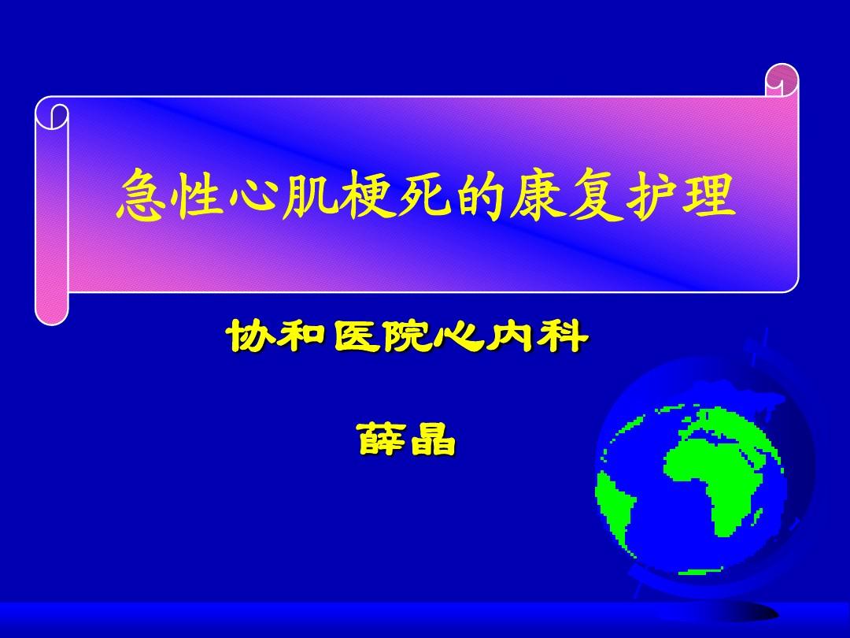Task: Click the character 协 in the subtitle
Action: pyautogui.click(x=251, y=336)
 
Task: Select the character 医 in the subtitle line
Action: pyautogui.click(x=356, y=336)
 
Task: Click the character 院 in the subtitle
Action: pyautogui.click(x=408, y=336)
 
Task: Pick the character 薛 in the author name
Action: pyautogui.click(x=382, y=439)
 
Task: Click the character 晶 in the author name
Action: pyautogui.click(x=434, y=439)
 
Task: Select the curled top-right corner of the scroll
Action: pyautogui.click(x=782, y=80)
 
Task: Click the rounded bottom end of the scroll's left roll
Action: pyautogui.click(x=52, y=313)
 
